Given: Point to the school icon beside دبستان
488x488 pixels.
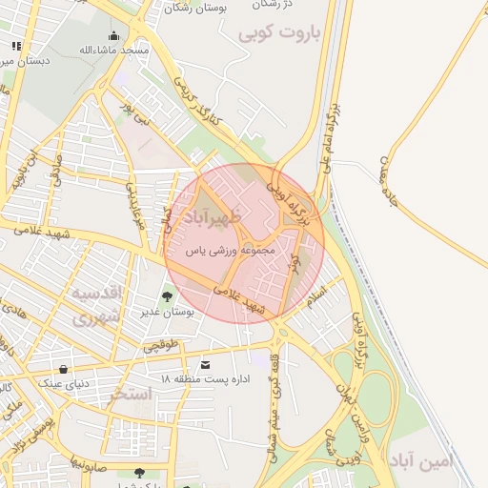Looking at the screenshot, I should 15,46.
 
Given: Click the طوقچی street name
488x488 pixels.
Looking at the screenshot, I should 161,348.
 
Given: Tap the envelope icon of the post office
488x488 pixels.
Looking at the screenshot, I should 205,365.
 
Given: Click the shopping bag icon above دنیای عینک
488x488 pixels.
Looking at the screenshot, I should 64,369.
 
